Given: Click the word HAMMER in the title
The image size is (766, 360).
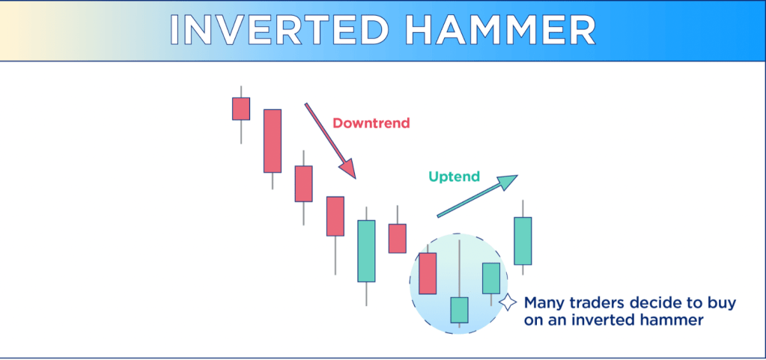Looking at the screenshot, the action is (x=502, y=30).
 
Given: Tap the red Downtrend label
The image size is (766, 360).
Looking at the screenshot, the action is (x=371, y=123).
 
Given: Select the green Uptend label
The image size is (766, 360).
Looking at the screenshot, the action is (x=455, y=177).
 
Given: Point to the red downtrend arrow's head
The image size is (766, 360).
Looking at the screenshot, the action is (x=349, y=169).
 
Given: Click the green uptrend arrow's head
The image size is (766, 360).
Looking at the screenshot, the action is (x=508, y=181).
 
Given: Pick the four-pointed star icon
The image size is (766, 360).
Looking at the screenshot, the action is (x=508, y=302).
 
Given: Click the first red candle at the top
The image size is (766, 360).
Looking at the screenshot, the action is (x=241, y=109).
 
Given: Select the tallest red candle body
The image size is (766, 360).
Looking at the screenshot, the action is (x=273, y=141).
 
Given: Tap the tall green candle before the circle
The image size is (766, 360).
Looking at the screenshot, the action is (x=366, y=251).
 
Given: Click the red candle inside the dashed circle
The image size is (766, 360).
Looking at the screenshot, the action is (x=428, y=273).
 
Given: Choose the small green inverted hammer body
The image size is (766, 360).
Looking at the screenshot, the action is (x=459, y=310).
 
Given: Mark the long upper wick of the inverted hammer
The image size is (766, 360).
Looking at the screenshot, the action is (x=459, y=268).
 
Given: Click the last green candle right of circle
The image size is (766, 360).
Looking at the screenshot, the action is (x=523, y=241).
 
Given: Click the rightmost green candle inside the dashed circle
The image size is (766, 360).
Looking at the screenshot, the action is (x=491, y=278).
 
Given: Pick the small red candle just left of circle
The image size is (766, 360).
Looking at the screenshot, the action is (x=397, y=238).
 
